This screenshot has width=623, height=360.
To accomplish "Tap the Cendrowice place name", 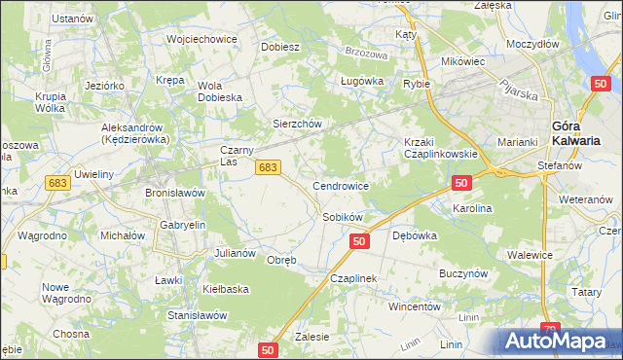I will tap(340, 185).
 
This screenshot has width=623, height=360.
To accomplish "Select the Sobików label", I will tap(343, 217).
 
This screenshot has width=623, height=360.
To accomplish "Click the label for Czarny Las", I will tap(237, 156).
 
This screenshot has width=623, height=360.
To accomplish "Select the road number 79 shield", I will tap(550, 331).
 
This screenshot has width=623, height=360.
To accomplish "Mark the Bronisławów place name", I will tap(174, 193).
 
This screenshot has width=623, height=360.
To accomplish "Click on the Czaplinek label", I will tap(352, 277).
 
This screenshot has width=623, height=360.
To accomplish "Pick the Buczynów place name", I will tap(462, 274).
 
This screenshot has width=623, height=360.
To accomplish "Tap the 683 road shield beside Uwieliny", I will tap(57, 182).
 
